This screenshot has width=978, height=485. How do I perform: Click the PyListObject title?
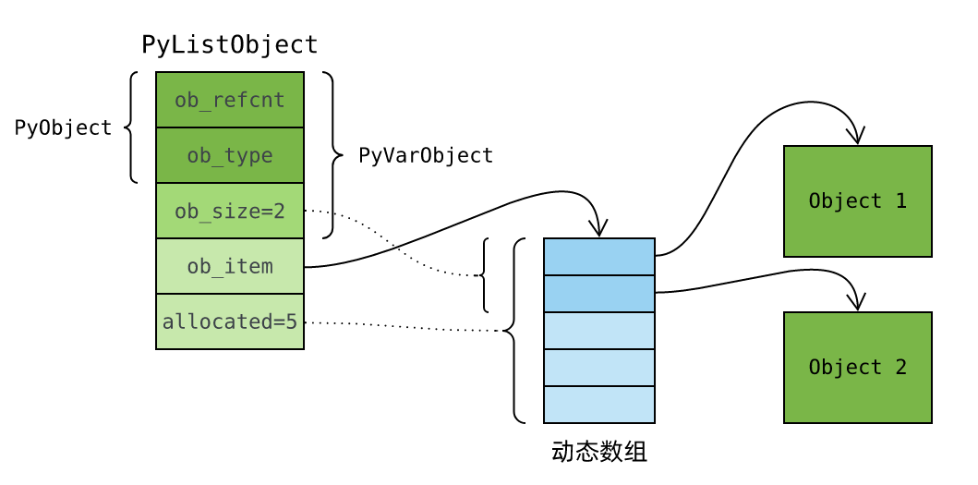point(229,44)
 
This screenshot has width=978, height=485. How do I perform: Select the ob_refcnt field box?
point(230,100)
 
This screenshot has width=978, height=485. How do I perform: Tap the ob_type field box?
point(230,155)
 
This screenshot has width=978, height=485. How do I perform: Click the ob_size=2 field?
point(230,211)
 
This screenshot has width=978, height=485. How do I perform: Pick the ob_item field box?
point(230,266)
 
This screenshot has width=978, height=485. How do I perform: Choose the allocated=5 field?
point(230,321)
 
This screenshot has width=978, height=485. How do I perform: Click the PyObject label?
point(63,127)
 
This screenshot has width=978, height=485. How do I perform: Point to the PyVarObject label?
point(426,155)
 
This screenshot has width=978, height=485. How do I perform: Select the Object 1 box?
point(857,201)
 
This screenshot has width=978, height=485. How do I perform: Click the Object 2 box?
point(857,368)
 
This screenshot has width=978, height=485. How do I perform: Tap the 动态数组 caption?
point(598,452)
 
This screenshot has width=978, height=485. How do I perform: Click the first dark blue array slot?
point(599,257)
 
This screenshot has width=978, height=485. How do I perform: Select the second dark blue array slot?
point(599,294)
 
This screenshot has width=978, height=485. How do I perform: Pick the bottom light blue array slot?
point(599,405)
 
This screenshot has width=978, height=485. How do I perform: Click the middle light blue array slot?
point(599,368)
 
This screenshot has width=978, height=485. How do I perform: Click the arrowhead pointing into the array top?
point(599,231)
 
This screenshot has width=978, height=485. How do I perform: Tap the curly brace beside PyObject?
point(130,127)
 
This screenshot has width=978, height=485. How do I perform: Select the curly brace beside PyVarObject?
point(329,155)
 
